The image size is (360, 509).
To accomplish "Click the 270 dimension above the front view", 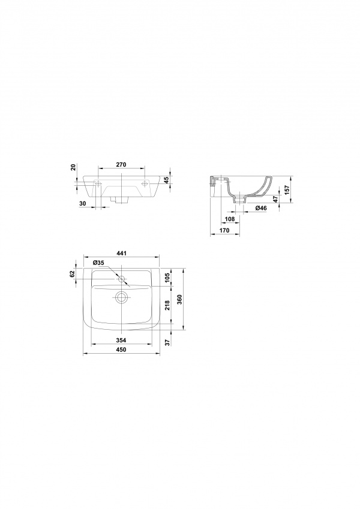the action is coord(121,165).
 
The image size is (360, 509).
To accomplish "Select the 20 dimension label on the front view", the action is coord(73,167).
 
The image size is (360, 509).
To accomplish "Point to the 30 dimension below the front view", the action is coord(83,203).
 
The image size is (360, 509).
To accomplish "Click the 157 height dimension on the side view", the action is coord(286,189).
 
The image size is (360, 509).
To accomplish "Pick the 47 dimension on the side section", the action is coord(275,199).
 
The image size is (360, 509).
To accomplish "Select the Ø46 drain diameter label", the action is coord(261,208).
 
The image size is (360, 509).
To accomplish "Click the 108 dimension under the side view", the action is coord(230,219).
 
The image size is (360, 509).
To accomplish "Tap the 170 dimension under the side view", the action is coord(224,230).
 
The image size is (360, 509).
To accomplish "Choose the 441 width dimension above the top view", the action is coord(121,253).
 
